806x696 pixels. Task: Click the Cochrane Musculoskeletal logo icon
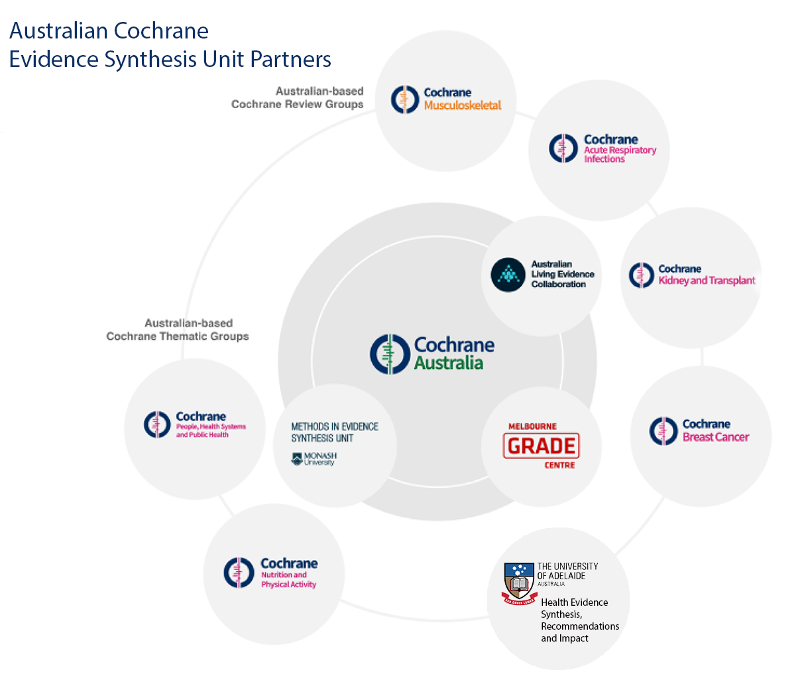click(x=405, y=100)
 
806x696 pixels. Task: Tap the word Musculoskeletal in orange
click(x=463, y=105)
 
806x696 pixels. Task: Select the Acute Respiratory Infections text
click(x=620, y=155)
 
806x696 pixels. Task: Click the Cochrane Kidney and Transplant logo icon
click(x=641, y=275)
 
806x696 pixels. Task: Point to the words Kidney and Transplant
click(x=707, y=281)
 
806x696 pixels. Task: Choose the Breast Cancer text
click(x=716, y=437)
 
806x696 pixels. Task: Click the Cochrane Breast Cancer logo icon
click(x=663, y=431)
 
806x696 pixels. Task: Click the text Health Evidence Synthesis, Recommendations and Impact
click(x=579, y=620)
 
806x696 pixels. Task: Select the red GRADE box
click(x=541, y=446)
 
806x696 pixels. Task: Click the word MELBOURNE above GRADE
click(x=532, y=427)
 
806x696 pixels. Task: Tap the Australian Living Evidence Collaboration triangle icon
click(x=508, y=274)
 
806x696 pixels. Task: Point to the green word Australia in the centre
click(x=449, y=363)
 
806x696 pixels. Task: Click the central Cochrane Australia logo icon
click(x=390, y=354)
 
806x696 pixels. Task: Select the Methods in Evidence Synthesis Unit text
click(x=335, y=432)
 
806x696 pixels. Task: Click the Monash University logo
click(x=314, y=458)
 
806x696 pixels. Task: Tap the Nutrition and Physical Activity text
click(x=288, y=580)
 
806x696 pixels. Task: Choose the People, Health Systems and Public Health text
click(x=211, y=431)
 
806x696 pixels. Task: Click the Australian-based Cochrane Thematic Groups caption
click(x=178, y=330)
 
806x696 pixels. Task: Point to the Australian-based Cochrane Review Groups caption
click(x=298, y=98)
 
